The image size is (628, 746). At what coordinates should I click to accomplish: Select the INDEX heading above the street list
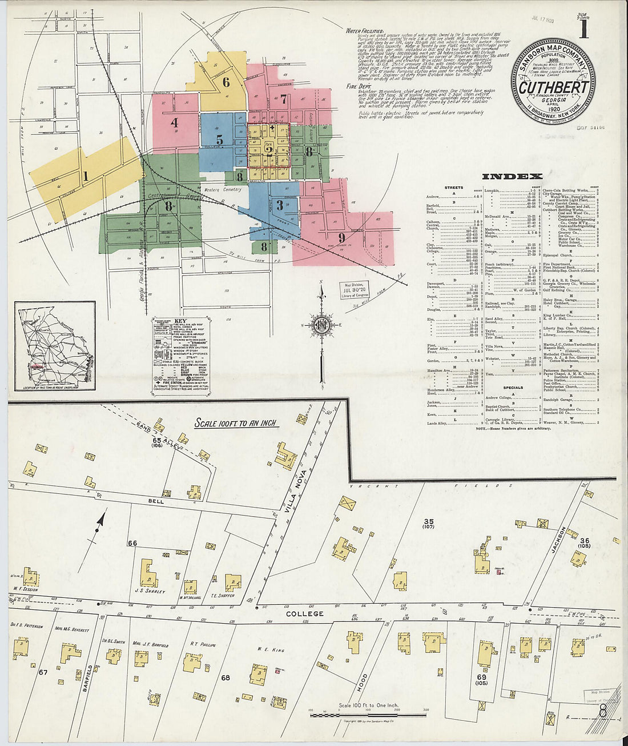(x=512, y=177)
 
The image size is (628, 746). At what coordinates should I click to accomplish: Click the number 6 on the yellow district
(x=226, y=82)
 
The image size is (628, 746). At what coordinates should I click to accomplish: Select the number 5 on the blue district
(x=219, y=139)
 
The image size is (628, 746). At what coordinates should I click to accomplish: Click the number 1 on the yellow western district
(x=86, y=177)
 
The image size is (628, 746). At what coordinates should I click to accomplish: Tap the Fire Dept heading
(x=356, y=86)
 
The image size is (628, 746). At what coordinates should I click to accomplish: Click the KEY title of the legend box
(x=180, y=321)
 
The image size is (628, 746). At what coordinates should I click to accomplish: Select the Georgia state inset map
(x=55, y=346)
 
